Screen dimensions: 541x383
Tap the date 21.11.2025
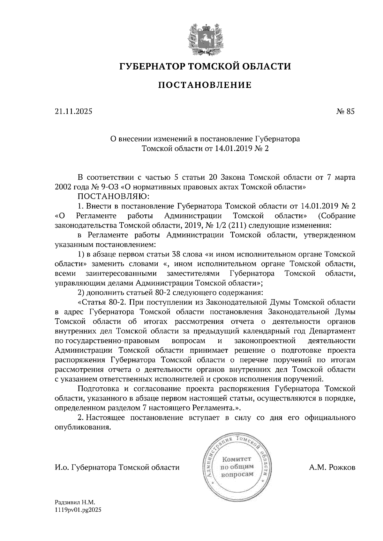point(73,112)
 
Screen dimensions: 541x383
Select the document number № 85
point(346,112)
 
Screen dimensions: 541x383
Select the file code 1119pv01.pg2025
point(78,510)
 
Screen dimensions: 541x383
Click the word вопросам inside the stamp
point(237,474)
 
